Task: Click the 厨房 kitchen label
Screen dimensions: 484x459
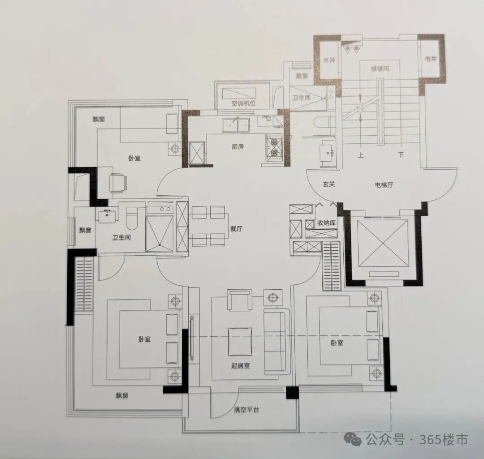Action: point(238,146)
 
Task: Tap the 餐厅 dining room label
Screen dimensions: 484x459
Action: point(237,229)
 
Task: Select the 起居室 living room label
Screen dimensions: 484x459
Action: point(241,366)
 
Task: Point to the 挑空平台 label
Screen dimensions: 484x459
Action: point(246,410)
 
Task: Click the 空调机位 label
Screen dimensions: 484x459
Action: point(243,103)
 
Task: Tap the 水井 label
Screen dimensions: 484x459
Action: point(329,60)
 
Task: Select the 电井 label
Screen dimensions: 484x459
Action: point(431,58)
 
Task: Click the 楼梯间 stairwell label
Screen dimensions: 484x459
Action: point(380,69)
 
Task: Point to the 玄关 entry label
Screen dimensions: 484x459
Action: point(329,184)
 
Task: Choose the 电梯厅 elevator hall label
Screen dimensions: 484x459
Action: point(384,185)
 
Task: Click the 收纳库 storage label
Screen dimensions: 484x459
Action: point(326,223)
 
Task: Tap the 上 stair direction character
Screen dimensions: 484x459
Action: point(361,155)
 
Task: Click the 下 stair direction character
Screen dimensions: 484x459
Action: point(401,154)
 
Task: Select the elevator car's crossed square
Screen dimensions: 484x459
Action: point(382,243)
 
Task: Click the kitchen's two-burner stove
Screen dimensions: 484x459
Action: point(274,147)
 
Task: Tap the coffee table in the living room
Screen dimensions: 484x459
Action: point(240,342)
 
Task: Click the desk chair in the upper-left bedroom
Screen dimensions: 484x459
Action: point(118,183)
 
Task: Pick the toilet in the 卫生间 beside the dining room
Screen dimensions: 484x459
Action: point(132,219)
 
